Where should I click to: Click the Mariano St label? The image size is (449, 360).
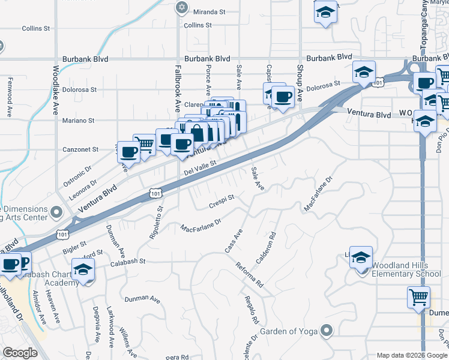[x=79, y=121]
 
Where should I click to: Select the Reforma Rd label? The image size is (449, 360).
[x=249, y=274]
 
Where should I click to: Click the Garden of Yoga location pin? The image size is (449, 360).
[x=327, y=330]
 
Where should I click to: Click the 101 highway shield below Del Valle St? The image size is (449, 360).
[x=155, y=193]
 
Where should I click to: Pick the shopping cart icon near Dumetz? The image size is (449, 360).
[x=419, y=296]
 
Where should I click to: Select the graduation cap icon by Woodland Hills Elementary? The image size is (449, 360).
[x=361, y=257]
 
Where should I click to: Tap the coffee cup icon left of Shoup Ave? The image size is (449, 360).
[x=283, y=97]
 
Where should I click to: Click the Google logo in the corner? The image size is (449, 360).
[x=20, y=353]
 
